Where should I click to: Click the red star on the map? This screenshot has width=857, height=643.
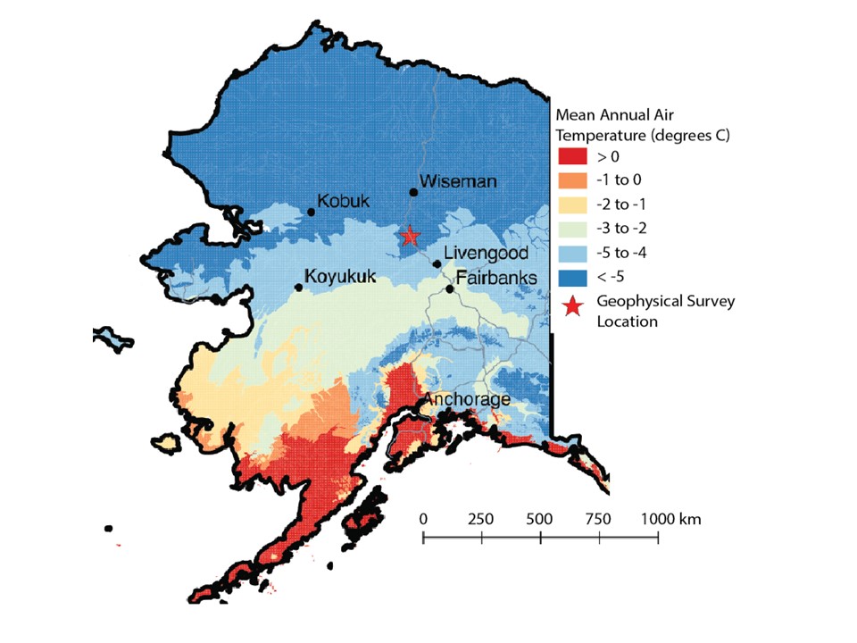pyautogui.click(x=410, y=236)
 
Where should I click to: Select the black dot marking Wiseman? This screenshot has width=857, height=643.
pyautogui.click(x=413, y=192)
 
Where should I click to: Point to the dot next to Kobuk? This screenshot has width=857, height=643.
pyautogui.click(x=311, y=212)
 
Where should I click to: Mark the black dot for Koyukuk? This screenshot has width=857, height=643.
pyautogui.click(x=298, y=287)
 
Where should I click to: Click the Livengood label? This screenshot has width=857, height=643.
pyautogui.click(x=486, y=254)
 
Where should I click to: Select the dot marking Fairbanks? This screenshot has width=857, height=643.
pyautogui.click(x=450, y=288)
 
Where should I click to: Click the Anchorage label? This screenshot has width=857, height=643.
pyautogui.click(x=467, y=399)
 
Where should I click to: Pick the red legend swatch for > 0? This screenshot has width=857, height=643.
pyautogui.click(x=573, y=156)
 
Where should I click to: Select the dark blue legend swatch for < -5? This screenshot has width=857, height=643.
pyautogui.click(x=573, y=276)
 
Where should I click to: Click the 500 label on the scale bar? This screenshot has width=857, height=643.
pyautogui.click(x=540, y=519)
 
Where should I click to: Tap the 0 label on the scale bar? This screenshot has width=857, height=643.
pyautogui.click(x=423, y=519)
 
